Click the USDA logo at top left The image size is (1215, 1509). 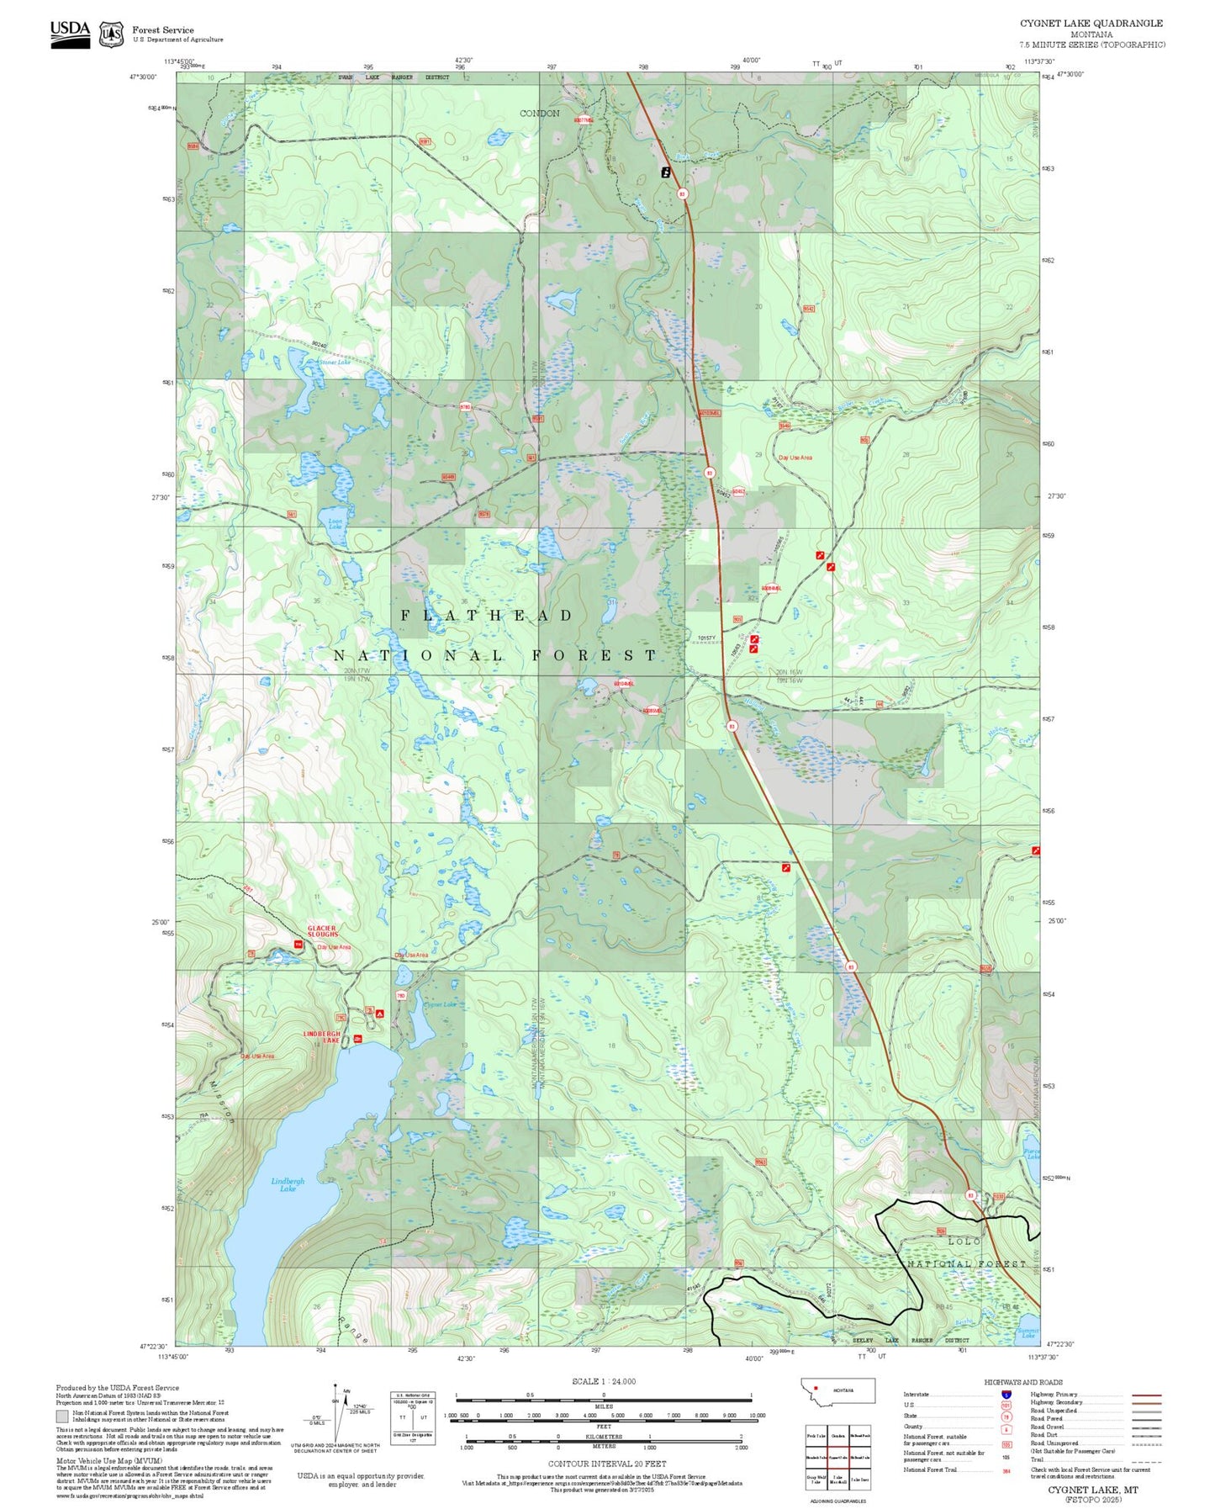pyautogui.click(x=70, y=34)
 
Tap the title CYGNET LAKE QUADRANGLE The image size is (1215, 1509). pyautogui.click(x=1091, y=24)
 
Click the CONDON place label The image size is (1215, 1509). pyautogui.click(x=539, y=114)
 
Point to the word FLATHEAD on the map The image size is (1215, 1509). pyautogui.click(x=487, y=616)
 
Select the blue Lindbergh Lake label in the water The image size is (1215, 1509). pyautogui.click(x=288, y=1184)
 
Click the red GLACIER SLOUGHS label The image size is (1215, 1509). pyautogui.click(x=322, y=931)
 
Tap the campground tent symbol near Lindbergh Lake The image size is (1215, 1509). pyautogui.click(x=380, y=1014)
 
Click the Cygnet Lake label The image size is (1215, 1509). pyautogui.click(x=440, y=1005)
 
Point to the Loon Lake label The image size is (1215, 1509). pyautogui.click(x=335, y=523)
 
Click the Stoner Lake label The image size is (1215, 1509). pyautogui.click(x=334, y=363)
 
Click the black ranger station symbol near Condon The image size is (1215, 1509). pyautogui.click(x=666, y=172)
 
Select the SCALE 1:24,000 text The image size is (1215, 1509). pyautogui.click(x=604, y=1381)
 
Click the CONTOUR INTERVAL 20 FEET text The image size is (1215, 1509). pyautogui.click(x=606, y=1464)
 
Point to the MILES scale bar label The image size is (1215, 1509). pyautogui.click(x=604, y=1406)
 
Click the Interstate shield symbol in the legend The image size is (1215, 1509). pyautogui.click(x=1006, y=1395)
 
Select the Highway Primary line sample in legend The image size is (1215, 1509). pyautogui.click(x=1146, y=1395)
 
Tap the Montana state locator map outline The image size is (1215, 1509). pyautogui.click(x=837, y=1391)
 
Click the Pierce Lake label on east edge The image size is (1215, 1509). pyautogui.click(x=1032, y=1154)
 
